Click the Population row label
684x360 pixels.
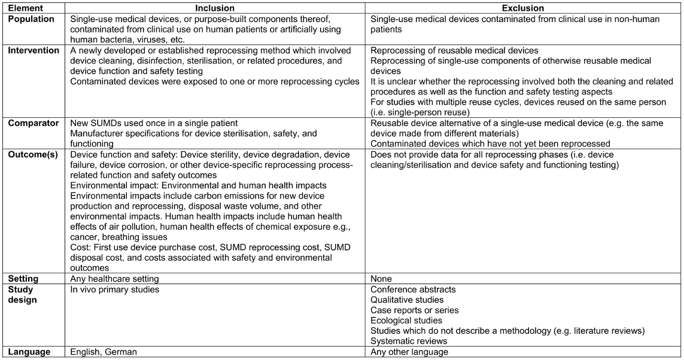click(30, 19)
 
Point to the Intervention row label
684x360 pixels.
click(34, 51)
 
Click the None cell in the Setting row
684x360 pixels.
click(381, 279)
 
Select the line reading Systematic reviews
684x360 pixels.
click(407, 341)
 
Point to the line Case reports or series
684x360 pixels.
click(414, 310)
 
